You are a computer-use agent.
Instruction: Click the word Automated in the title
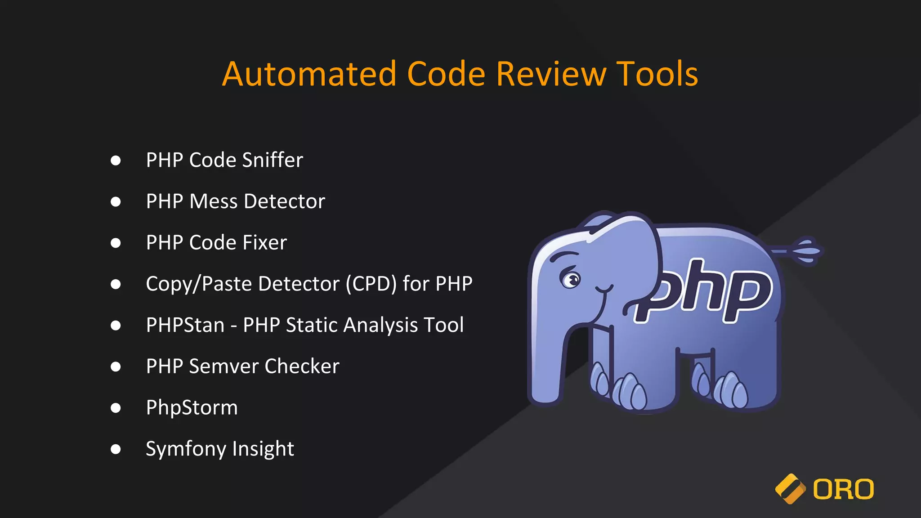(x=309, y=74)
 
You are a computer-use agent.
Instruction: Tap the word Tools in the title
(x=657, y=74)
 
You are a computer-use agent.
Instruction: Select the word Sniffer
(x=273, y=160)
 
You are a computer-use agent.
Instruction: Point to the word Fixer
(x=265, y=243)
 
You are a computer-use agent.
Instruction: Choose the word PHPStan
(x=185, y=325)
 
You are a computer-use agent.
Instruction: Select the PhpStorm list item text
(x=192, y=408)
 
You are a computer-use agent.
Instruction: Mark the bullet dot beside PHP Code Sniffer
(x=116, y=161)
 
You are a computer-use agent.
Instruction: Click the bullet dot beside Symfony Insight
(x=116, y=449)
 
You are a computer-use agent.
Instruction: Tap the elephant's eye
(x=571, y=280)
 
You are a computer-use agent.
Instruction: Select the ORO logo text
(x=843, y=490)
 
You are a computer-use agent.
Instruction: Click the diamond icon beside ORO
(x=790, y=489)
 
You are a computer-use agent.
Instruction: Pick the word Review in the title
(x=551, y=74)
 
